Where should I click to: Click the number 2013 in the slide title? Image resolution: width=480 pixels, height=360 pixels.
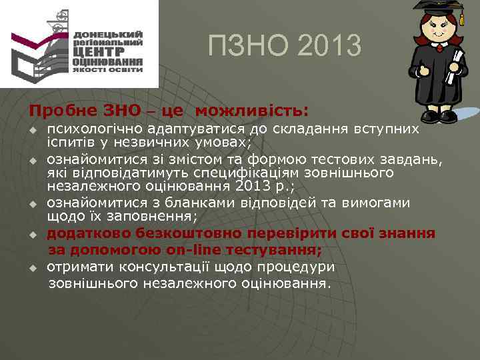point(327,46)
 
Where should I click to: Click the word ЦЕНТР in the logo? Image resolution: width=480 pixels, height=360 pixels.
point(99,51)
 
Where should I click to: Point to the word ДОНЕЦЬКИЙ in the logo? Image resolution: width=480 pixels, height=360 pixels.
point(108,34)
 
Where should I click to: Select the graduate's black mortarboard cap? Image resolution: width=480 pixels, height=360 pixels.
point(437,9)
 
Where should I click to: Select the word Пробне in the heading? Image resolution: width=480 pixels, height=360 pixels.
point(59,109)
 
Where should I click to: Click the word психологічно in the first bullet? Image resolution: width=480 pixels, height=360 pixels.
point(95,129)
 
